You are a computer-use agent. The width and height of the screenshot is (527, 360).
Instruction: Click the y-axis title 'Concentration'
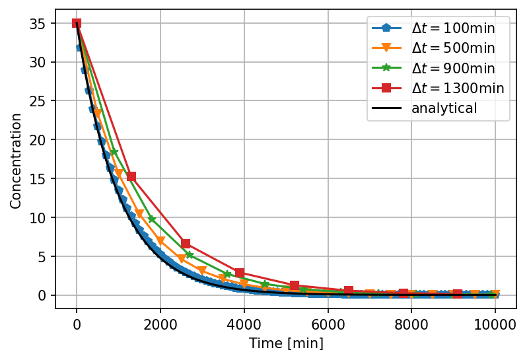[x=16, y=161]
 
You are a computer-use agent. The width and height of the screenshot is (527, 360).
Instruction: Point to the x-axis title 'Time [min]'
[x=285, y=343]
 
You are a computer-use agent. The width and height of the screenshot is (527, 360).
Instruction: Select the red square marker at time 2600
[x=186, y=244]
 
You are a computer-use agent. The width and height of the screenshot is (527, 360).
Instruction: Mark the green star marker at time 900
[x=114, y=153]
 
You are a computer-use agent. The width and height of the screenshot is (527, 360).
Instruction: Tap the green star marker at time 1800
[x=152, y=219]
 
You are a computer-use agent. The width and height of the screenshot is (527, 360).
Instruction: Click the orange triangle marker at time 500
[x=98, y=114]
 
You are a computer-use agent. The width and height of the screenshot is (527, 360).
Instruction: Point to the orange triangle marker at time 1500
[x=139, y=213]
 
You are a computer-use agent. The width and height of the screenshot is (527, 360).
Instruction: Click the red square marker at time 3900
[x=240, y=273]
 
